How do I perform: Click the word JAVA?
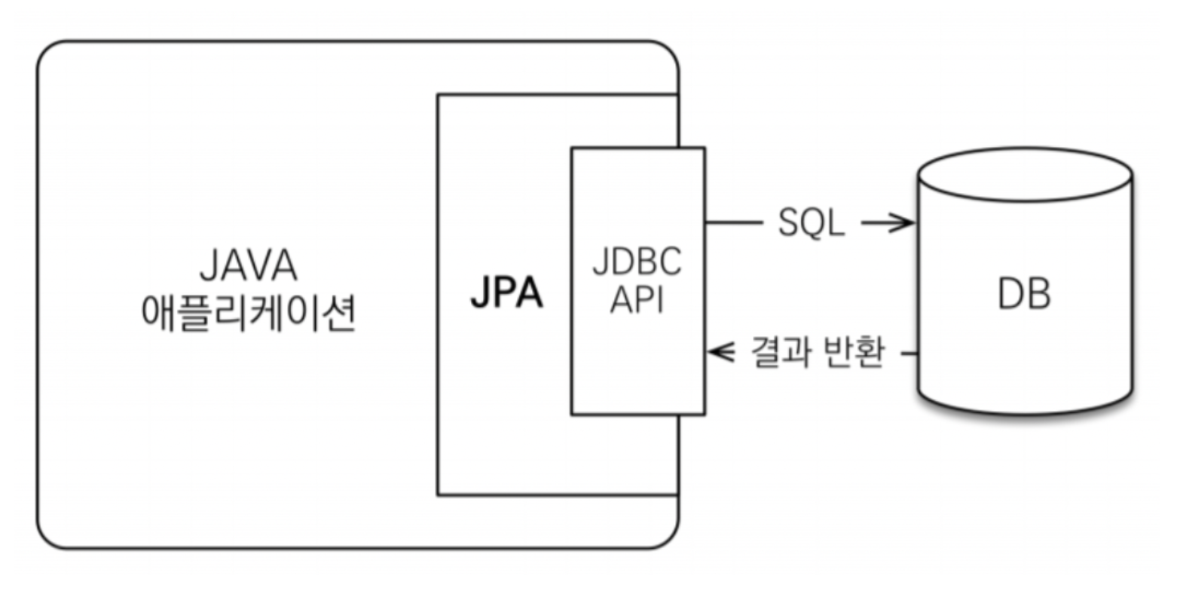[248, 266]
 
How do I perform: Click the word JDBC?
[637, 262]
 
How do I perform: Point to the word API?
[637, 300]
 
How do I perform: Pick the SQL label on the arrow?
[811, 223]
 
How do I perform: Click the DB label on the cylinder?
[1024, 293]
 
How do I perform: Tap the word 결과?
[776, 352]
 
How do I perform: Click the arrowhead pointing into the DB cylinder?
[904, 223]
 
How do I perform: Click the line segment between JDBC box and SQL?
[733, 223]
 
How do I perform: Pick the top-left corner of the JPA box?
[438, 95]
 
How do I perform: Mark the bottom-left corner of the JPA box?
[438, 495]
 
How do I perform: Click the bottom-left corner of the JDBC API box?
[572, 415]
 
